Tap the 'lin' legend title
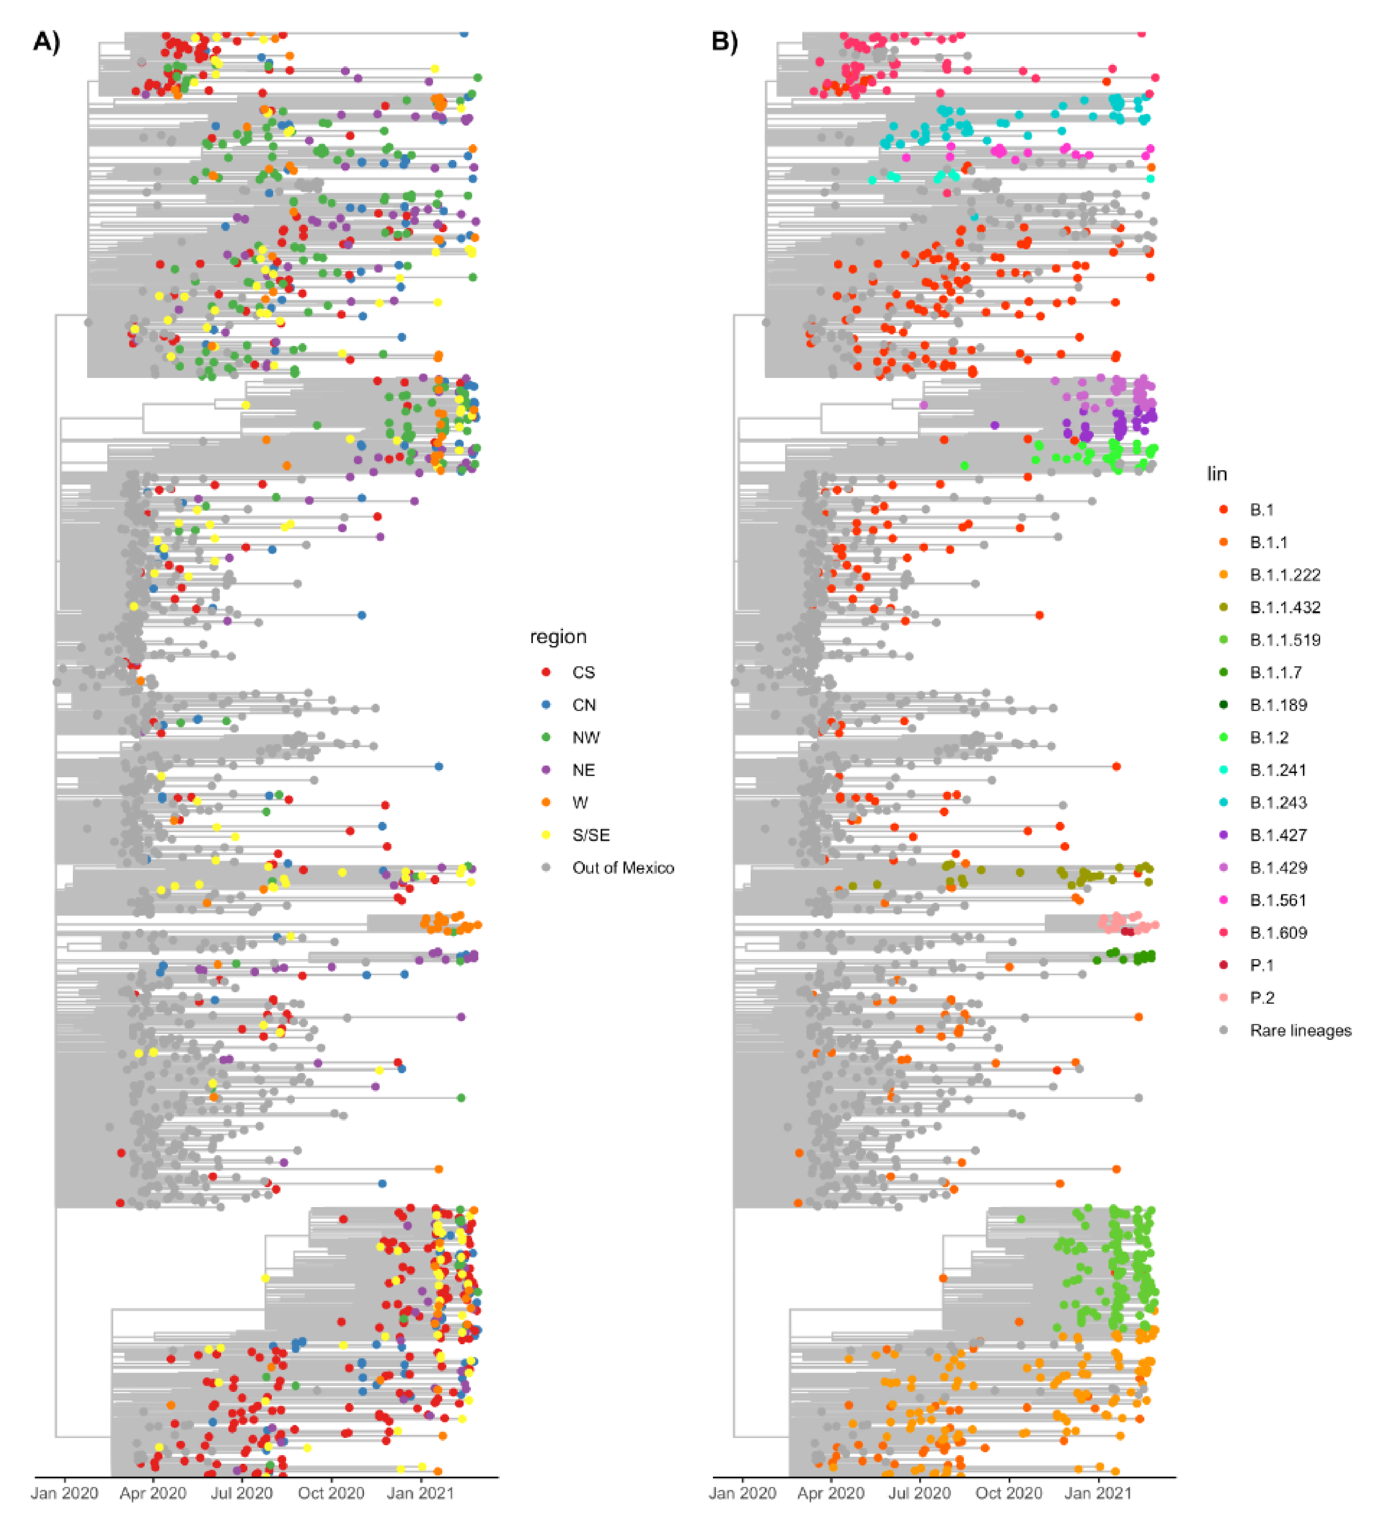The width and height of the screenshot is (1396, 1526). point(1217,474)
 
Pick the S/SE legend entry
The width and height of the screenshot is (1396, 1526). point(590,835)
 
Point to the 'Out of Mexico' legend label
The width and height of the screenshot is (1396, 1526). point(622,867)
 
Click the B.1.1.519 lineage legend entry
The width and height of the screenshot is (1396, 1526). point(1285,639)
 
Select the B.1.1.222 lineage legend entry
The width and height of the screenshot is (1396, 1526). point(1285,575)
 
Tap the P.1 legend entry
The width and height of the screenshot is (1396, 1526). point(1261,965)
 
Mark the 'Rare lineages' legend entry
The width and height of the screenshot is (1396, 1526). point(1300,1030)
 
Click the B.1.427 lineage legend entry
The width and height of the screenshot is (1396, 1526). point(1278,835)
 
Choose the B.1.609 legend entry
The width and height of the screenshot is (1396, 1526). point(1278,933)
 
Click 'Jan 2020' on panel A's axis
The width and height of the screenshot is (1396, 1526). point(64,1494)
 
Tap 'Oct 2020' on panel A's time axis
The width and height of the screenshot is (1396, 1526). point(331,1494)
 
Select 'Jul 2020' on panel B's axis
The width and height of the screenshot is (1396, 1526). point(919,1494)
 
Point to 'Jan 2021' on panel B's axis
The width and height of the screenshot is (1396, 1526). point(1098,1494)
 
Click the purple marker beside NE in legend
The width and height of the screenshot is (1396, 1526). point(546,770)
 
